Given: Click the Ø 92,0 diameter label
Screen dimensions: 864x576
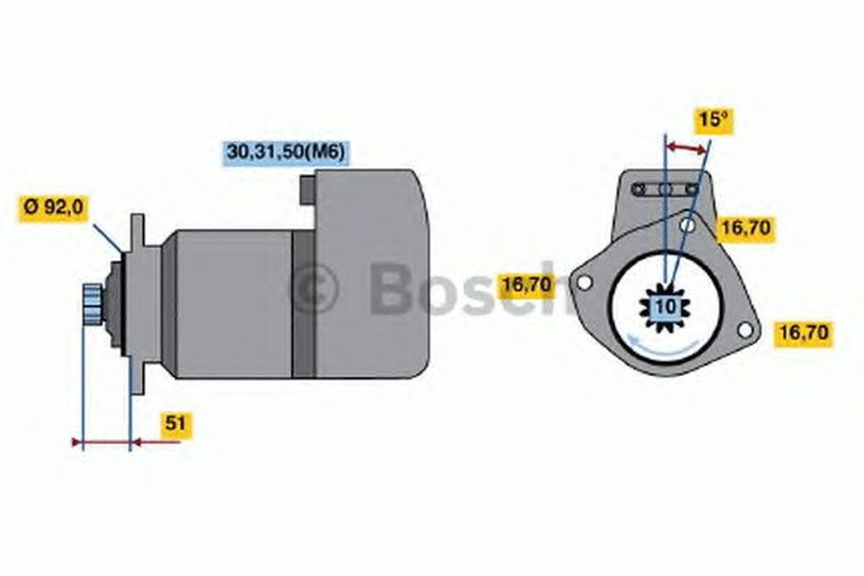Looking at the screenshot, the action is pos(53,208).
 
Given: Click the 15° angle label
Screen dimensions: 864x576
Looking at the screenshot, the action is pos(714,120).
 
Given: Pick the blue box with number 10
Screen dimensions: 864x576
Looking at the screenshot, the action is pos(666,307).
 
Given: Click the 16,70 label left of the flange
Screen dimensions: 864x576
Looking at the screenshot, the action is pos(526,286).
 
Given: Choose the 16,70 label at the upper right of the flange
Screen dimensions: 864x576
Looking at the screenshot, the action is pos(745,229).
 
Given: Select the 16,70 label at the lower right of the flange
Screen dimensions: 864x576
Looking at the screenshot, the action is pos(803,333).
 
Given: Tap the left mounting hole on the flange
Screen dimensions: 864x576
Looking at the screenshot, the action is pos(585,282).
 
